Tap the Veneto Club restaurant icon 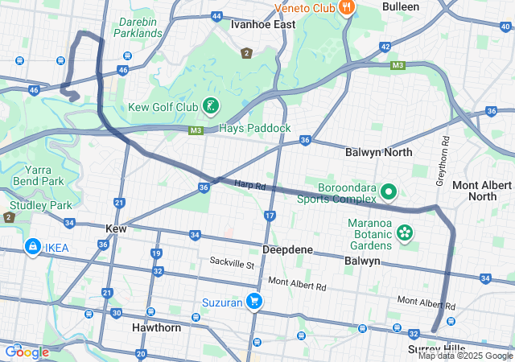[x=347, y=8]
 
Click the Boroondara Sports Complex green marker [x=388, y=191]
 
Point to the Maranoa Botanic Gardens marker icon [x=404, y=233]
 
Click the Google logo [x=27, y=352]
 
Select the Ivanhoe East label [x=263, y=25]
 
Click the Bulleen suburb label [x=400, y=6]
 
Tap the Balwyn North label [x=378, y=152]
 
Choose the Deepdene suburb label [x=287, y=250]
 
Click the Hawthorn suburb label [x=156, y=328]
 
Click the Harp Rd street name [x=250, y=185]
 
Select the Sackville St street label [x=232, y=262]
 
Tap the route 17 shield [x=270, y=216]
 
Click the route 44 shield [x=216, y=16]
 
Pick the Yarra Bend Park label [x=43, y=175]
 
